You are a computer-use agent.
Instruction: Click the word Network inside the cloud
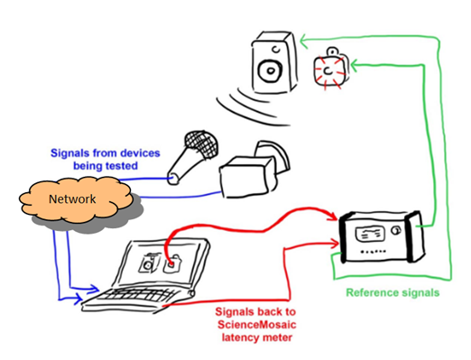72,199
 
